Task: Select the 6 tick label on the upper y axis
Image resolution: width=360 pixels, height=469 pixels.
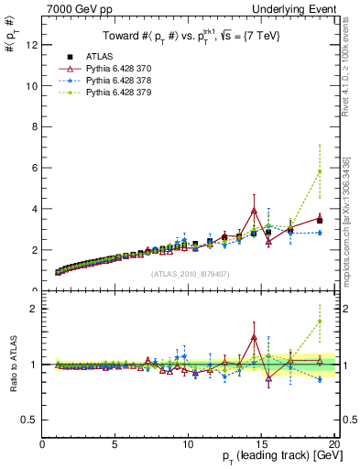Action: pos(34,169)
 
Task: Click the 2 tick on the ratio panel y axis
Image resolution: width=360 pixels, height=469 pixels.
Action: pos(34,309)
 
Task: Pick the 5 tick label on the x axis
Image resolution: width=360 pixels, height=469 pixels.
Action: pos(115,445)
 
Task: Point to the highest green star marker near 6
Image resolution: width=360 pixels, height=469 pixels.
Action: pos(319,171)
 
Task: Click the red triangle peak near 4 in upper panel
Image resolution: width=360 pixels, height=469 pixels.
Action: pos(254,211)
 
